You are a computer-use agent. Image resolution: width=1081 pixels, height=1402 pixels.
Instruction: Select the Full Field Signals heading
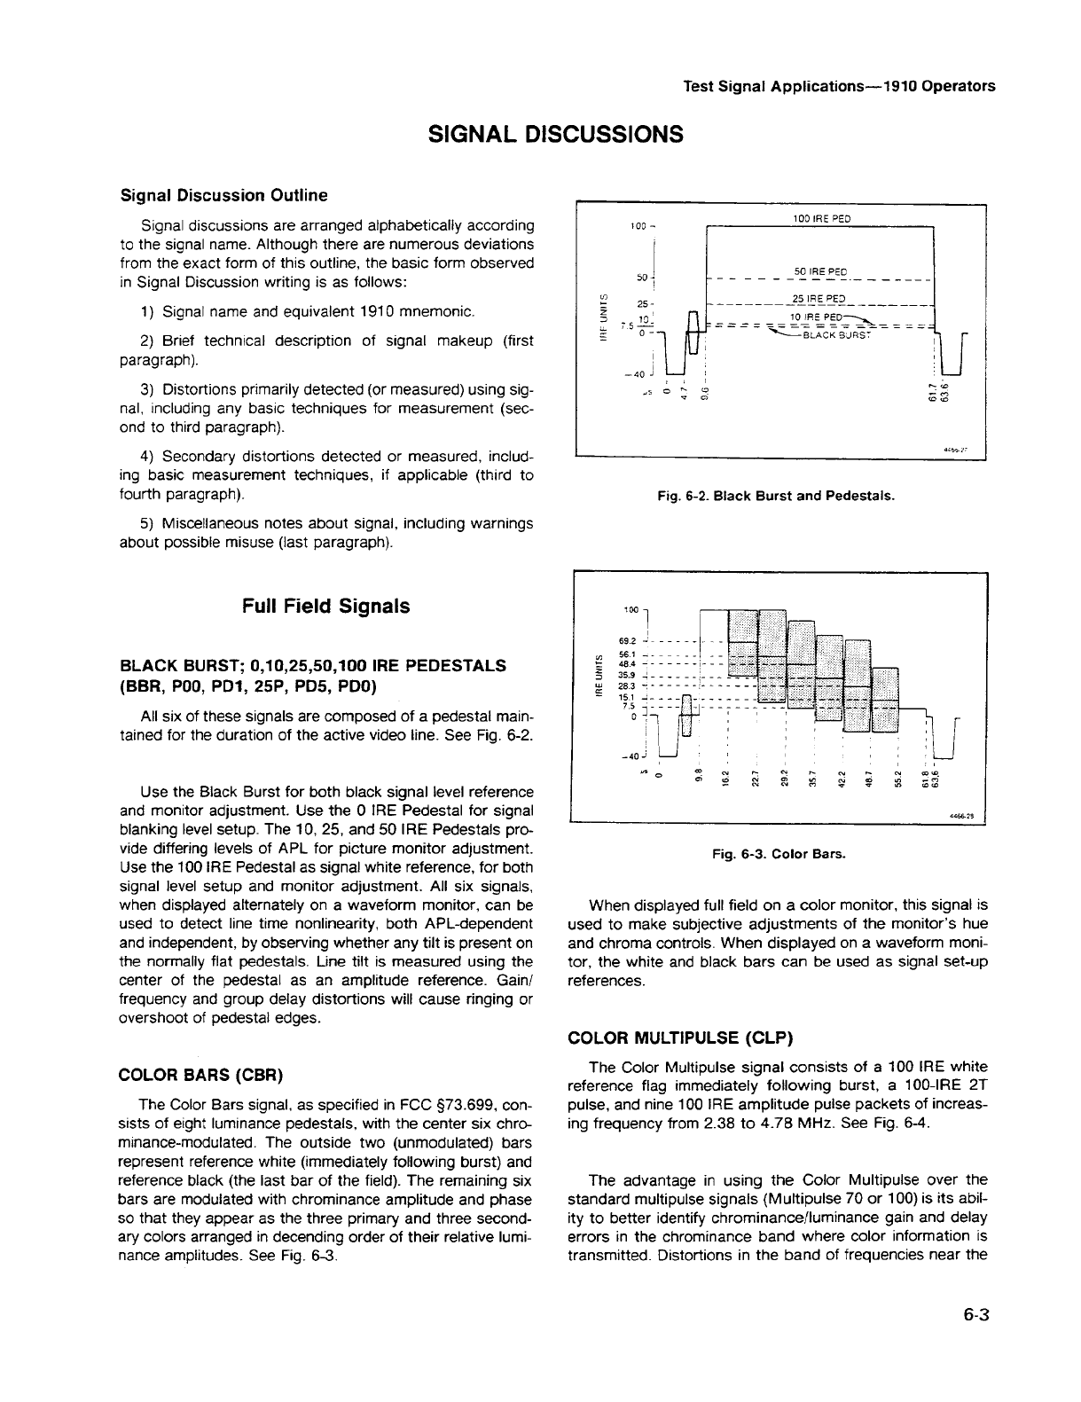tap(325, 606)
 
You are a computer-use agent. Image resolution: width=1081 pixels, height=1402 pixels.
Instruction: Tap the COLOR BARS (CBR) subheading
tap(201, 1076)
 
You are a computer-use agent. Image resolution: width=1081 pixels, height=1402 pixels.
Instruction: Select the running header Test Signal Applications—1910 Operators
tap(839, 86)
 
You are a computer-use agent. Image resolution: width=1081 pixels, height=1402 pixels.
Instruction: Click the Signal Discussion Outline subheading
tap(223, 195)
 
